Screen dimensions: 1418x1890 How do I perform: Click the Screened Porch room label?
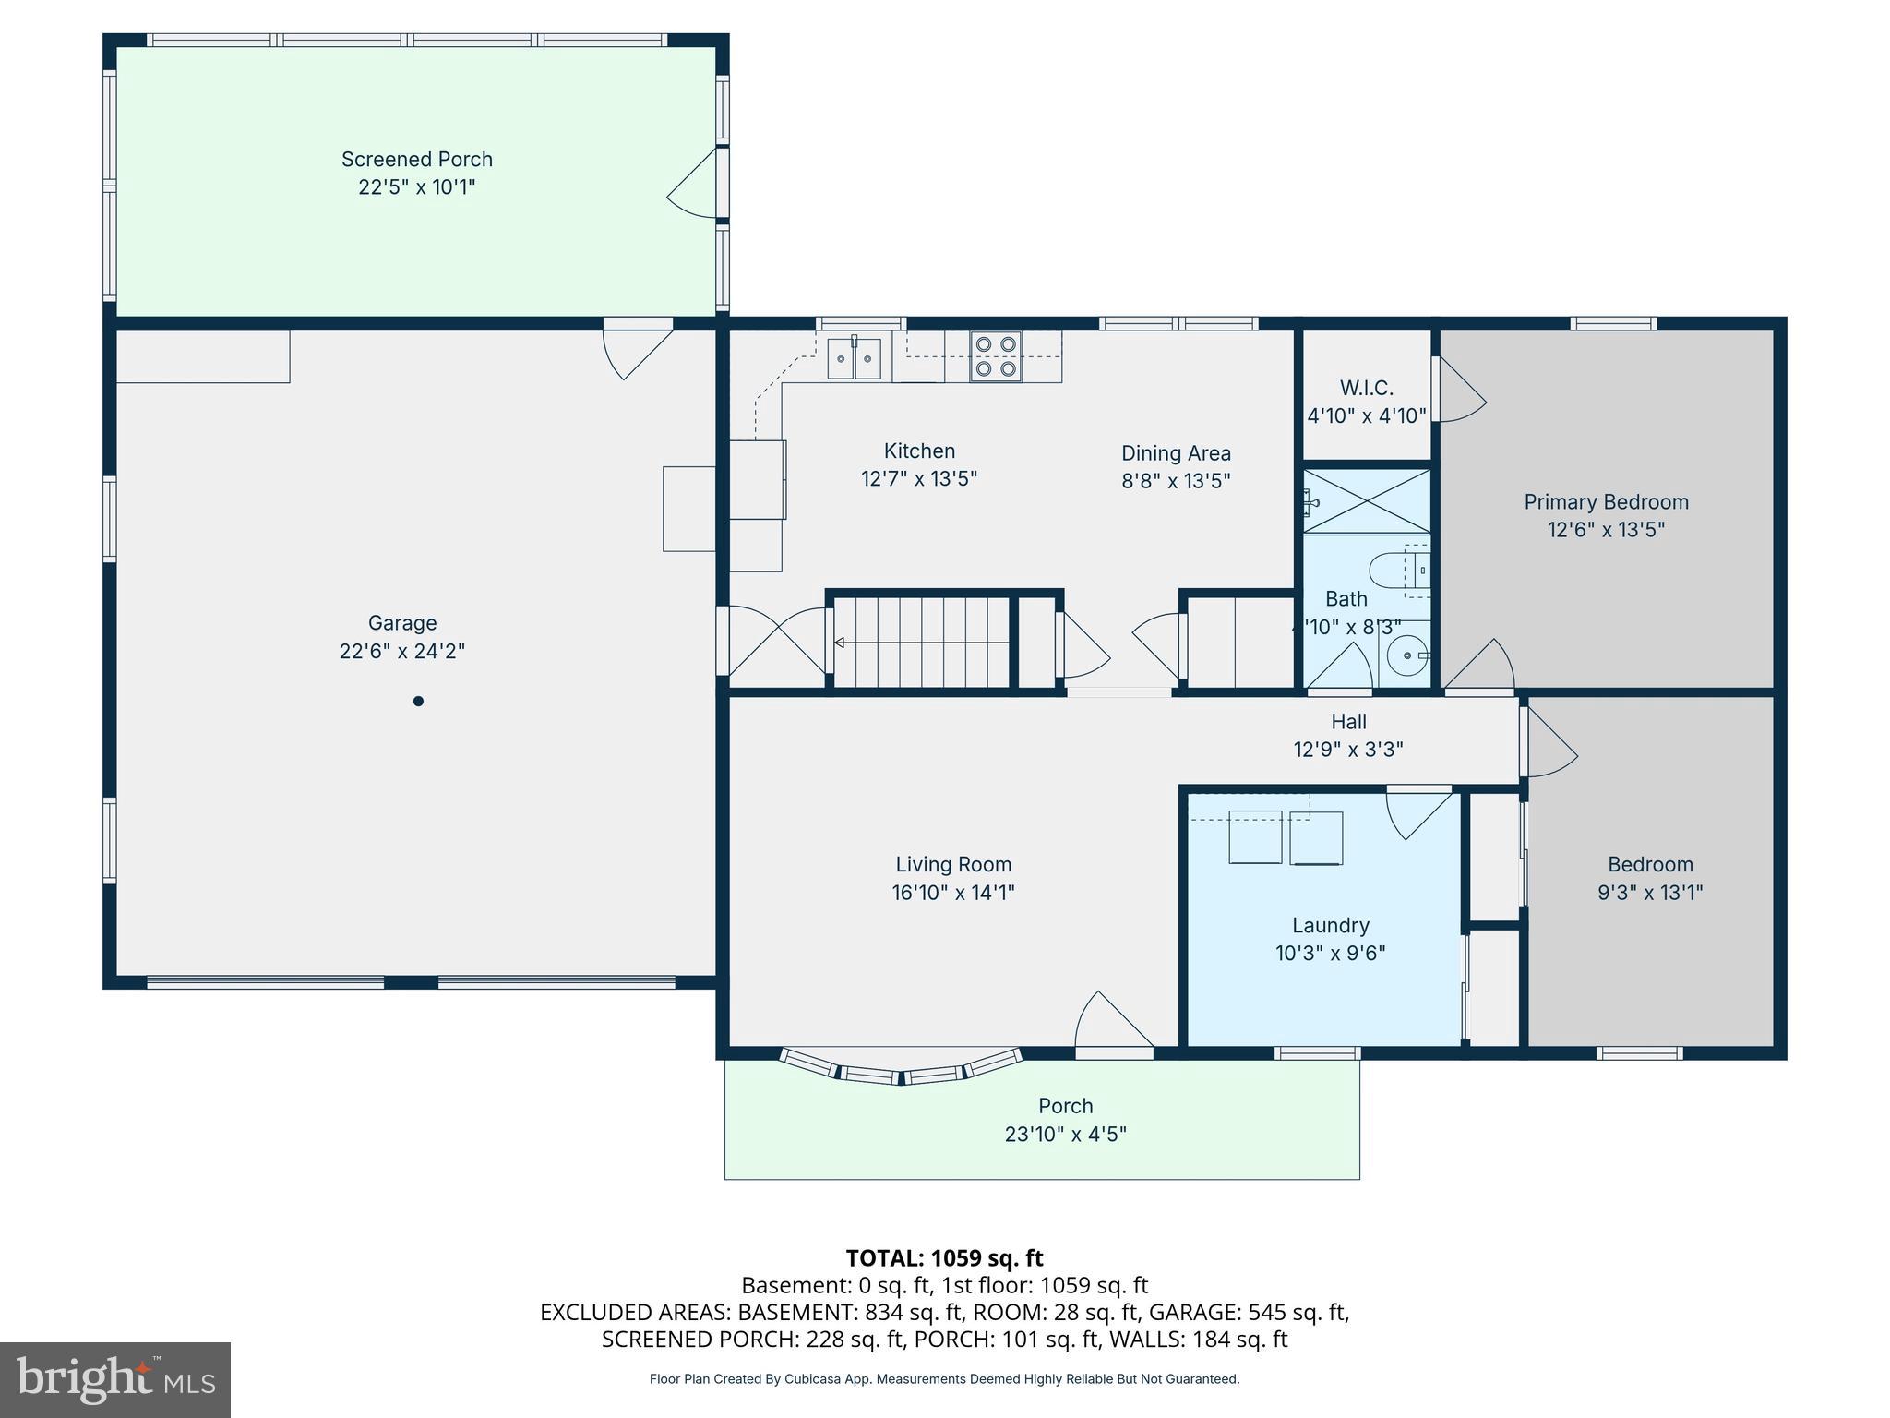[x=416, y=160]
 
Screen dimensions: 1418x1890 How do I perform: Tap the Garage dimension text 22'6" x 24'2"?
[x=401, y=651]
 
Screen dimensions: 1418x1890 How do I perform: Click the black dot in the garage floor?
[x=418, y=702]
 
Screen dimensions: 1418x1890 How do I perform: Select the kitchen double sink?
[x=854, y=358]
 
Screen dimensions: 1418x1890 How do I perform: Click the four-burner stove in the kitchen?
[x=996, y=356]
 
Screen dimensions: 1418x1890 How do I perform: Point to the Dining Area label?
[x=1176, y=453]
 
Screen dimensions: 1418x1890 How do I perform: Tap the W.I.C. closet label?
[x=1366, y=389]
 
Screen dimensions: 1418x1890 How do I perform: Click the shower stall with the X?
[x=1367, y=501]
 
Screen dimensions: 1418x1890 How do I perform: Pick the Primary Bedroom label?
[x=1606, y=502]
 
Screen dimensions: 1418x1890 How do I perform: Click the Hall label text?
[x=1348, y=722]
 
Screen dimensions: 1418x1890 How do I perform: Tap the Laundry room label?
[x=1330, y=926]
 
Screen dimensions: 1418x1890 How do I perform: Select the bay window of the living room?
[x=901, y=1069]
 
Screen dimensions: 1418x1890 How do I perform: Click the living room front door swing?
[x=1112, y=1020]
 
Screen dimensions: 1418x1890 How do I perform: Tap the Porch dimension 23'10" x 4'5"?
[x=1065, y=1134]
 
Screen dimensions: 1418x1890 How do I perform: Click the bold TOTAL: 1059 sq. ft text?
[x=944, y=1258]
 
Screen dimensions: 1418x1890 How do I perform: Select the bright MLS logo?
[x=115, y=1379]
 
